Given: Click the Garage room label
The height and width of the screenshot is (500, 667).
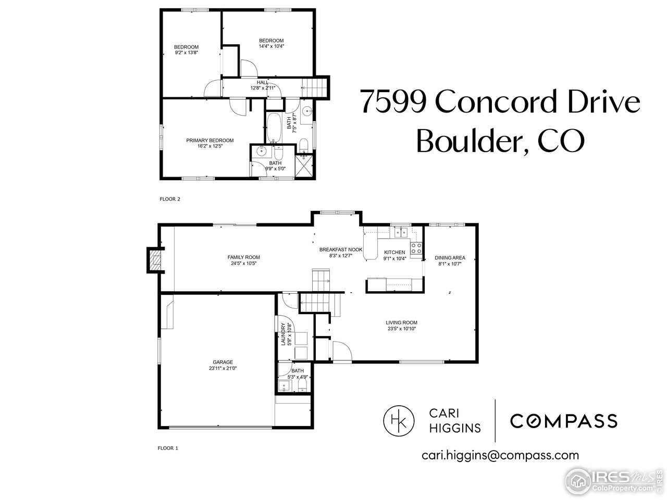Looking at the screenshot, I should click(223, 362).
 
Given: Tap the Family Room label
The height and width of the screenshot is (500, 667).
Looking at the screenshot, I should click(243, 257).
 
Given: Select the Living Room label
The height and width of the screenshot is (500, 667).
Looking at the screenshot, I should click(401, 322).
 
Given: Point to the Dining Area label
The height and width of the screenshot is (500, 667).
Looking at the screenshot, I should click(450, 258).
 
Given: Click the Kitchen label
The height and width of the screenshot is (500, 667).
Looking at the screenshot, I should click(394, 252).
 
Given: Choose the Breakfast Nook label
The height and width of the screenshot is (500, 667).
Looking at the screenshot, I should click(341, 249).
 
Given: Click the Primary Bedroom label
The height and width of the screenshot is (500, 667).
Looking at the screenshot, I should click(210, 140).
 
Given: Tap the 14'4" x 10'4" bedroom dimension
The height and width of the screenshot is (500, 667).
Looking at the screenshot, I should click(271, 46).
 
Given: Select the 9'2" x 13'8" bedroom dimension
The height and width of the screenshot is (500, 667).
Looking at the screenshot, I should click(186, 53).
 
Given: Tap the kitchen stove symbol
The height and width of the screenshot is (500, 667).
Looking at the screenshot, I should click(416, 248).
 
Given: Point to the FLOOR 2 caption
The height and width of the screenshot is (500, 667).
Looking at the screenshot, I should click(169, 199).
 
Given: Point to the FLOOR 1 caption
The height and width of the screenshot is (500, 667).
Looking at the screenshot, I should click(168, 448).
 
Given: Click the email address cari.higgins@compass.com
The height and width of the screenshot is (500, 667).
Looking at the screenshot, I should click(500, 455).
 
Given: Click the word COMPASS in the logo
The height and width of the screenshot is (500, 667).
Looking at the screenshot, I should click(563, 420).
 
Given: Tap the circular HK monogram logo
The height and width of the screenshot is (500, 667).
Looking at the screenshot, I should click(399, 419).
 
